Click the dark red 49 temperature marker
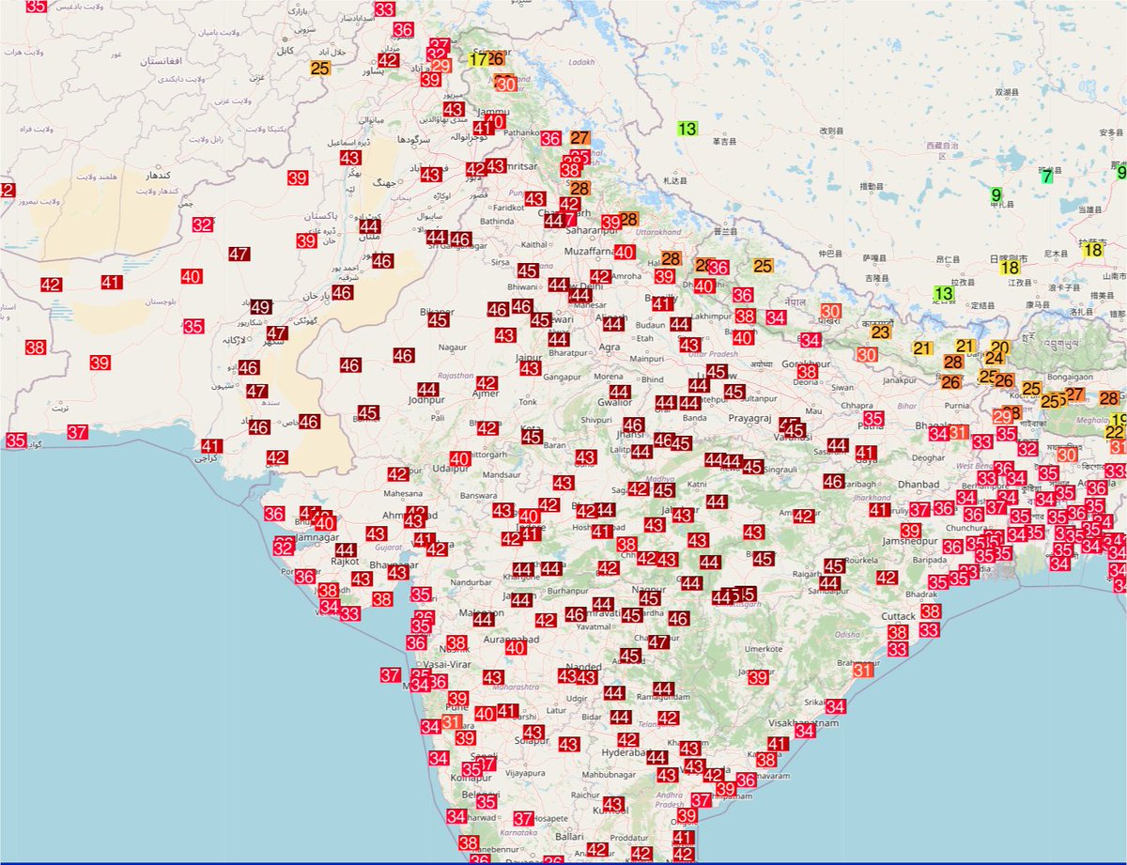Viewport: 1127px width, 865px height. click(x=261, y=307)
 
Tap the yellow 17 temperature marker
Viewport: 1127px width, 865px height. click(x=478, y=59)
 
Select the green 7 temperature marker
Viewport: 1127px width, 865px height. click(x=1046, y=176)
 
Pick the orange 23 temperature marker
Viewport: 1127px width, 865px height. click(x=880, y=332)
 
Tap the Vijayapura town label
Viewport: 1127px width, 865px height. click(x=525, y=774)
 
